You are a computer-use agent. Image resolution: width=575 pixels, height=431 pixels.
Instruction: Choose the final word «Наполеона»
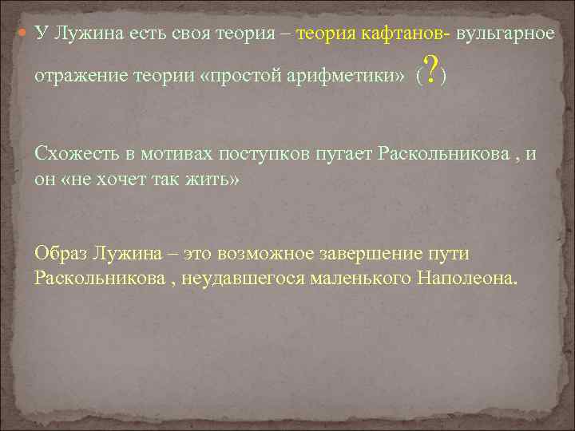467,279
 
